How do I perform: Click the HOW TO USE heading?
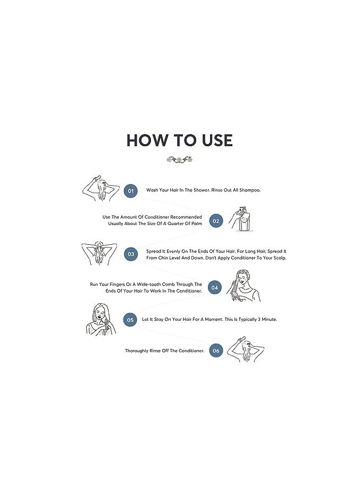(179, 140)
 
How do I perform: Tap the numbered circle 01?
(130, 191)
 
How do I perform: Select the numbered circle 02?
(216, 221)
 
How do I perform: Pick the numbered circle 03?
(130, 254)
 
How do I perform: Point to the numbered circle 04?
(214, 287)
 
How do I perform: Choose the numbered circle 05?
(130, 320)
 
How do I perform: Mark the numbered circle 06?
(216, 351)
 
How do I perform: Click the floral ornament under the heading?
(179, 160)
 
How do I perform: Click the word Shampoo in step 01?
(250, 190)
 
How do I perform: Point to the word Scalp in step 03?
(280, 258)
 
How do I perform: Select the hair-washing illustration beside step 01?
(101, 188)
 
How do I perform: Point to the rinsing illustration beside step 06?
(246, 349)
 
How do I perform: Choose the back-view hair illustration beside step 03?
(99, 254)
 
